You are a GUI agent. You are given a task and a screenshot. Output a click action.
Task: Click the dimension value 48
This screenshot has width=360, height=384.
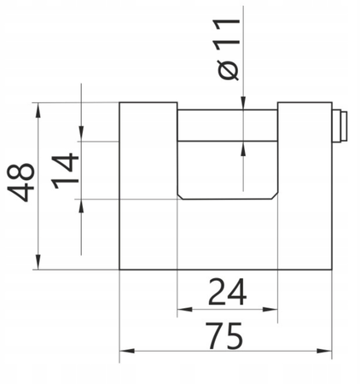tap(20, 183)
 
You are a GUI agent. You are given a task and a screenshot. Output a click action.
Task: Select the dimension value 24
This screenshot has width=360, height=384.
tap(227, 292)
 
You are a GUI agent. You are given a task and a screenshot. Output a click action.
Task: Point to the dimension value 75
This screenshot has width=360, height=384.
tap(225, 335)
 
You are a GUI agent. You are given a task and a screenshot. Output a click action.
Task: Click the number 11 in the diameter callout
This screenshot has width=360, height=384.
tap(227, 34)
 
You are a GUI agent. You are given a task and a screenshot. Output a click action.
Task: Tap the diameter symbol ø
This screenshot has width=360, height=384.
tap(228, 70)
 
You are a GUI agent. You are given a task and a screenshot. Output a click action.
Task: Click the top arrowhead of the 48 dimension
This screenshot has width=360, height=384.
tap(38, 109)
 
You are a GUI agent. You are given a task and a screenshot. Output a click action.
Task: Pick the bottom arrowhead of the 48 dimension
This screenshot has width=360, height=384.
tap(38, 262)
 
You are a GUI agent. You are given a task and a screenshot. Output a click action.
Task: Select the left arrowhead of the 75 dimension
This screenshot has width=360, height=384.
tap(127, 351)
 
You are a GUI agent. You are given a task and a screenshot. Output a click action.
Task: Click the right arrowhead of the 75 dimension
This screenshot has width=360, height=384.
tap(324, 351)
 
